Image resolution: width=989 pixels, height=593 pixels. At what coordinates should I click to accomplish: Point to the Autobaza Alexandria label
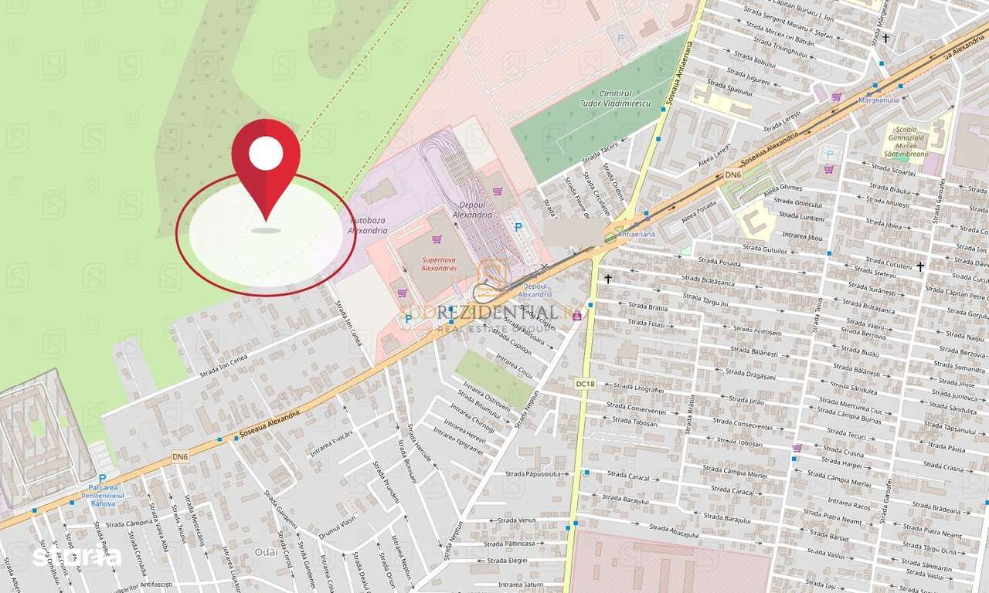pos(369,225)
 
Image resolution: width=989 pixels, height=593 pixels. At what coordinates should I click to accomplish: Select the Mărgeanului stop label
pos(879,100)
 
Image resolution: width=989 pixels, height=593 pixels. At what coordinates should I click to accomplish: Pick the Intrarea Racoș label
pos(849,506)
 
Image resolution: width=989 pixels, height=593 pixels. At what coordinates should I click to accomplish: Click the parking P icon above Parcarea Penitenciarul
pos(102,479)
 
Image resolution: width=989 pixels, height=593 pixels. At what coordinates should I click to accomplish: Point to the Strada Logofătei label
pos(638,388)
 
